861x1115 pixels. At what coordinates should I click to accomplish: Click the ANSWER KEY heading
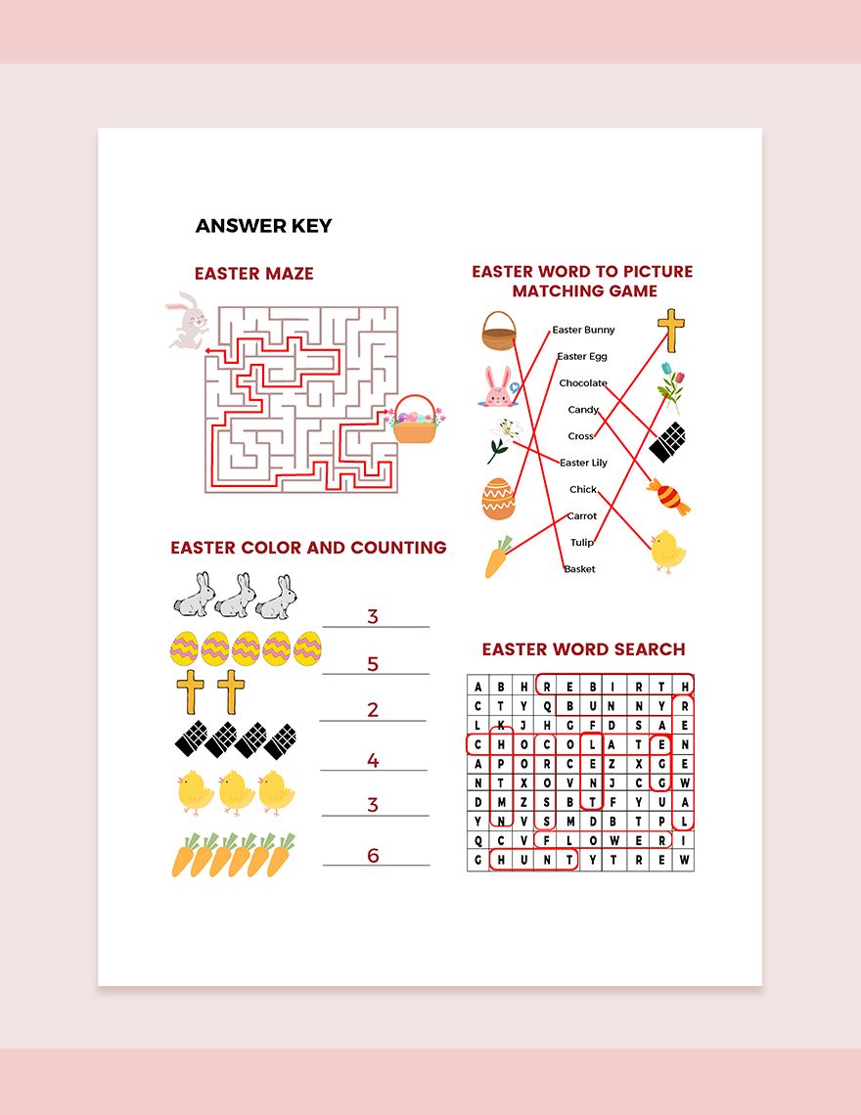pos(263,226)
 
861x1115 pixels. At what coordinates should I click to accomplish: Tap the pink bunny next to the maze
pos(188,321)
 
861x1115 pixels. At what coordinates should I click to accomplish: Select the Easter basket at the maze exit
pos(416,421)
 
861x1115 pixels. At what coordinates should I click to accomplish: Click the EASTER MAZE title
pos(253,274)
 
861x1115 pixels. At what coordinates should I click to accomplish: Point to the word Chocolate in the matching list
pos(583,383)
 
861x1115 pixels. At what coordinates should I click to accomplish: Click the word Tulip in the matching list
pos(581,543)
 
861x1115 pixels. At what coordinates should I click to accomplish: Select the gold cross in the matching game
pos(670,330)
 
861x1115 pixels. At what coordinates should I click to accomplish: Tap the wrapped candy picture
pos(668,497)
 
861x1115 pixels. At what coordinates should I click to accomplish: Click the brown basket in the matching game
pos(498,332)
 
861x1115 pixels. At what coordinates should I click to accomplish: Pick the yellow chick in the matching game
pos(668,552)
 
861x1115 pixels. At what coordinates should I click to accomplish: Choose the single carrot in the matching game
pos(498,557)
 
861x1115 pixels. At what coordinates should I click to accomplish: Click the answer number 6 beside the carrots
pos(373,856)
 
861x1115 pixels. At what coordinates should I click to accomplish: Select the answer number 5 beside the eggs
pos(373,664)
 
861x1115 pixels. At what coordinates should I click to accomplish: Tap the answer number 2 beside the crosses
pos(373,710)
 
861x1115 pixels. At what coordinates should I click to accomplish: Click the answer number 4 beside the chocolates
pos(373,760)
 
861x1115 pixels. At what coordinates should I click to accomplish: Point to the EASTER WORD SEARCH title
pos(583,649)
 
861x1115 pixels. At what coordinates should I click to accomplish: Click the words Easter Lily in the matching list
pos(583,463)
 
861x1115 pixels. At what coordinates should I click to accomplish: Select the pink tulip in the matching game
pos(670,383)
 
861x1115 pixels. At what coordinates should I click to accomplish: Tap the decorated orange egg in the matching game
pos(498,498)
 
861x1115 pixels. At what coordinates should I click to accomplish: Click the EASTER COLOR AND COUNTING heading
pos(308,548)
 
